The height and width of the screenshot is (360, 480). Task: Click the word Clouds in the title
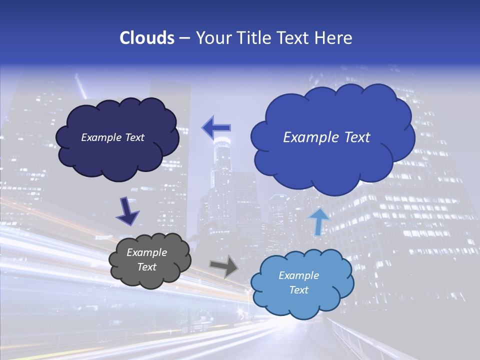[147, 38]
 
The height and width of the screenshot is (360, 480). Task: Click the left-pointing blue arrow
[216, 128]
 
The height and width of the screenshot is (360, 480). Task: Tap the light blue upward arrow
[319, 221]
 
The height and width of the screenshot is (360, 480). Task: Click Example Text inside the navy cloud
[112, 137]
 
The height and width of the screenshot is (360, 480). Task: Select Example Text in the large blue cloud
[326, 137]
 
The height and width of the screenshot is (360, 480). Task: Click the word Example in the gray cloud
[146, 252]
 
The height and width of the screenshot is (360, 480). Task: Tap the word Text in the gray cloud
[146, 267]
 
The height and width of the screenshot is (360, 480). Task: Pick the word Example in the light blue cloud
[298, 275]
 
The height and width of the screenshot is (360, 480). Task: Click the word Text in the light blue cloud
[298, 290]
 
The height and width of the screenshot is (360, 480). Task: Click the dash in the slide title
[184, 38]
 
